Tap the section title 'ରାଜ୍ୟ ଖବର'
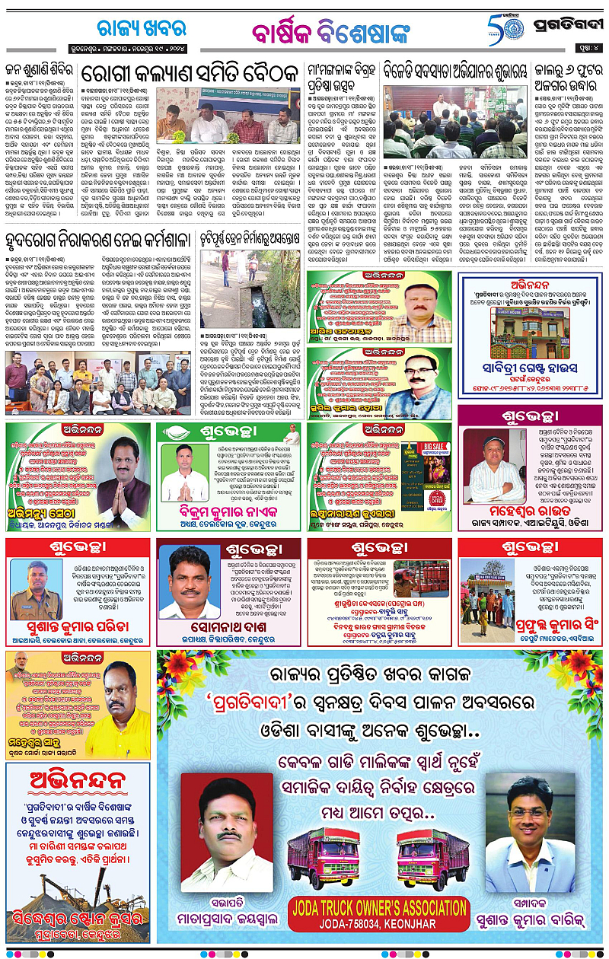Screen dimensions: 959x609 [142, 29]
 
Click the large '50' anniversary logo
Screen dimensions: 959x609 [502, 30]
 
